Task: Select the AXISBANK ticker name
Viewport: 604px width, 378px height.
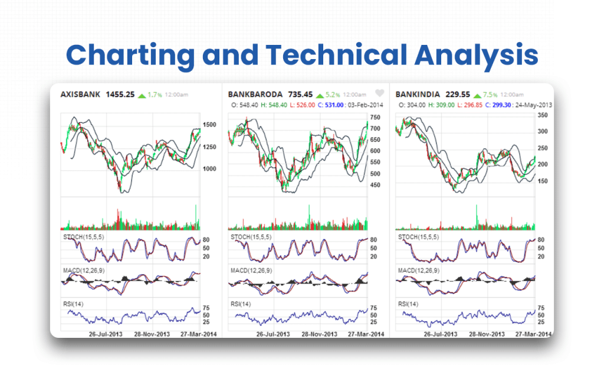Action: (x=80, y=94)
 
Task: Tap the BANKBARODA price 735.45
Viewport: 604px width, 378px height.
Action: (x=300, y=94)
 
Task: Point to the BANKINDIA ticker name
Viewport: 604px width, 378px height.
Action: (x=418, y=94)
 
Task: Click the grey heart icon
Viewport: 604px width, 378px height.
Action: (x=380, y=93)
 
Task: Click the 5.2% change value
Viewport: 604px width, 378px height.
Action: (x=333, y=94)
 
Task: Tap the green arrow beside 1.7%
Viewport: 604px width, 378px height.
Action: (x=142, y=95)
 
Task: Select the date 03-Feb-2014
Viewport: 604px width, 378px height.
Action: (x=365, y=105)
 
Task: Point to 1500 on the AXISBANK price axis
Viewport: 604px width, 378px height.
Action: (x=209, y=125)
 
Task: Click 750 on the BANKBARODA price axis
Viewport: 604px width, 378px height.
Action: (x=375, y=117)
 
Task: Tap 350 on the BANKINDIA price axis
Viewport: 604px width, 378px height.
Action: (x=543, y=116)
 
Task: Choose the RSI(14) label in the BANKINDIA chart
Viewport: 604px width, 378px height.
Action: (x=408, y=304)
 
